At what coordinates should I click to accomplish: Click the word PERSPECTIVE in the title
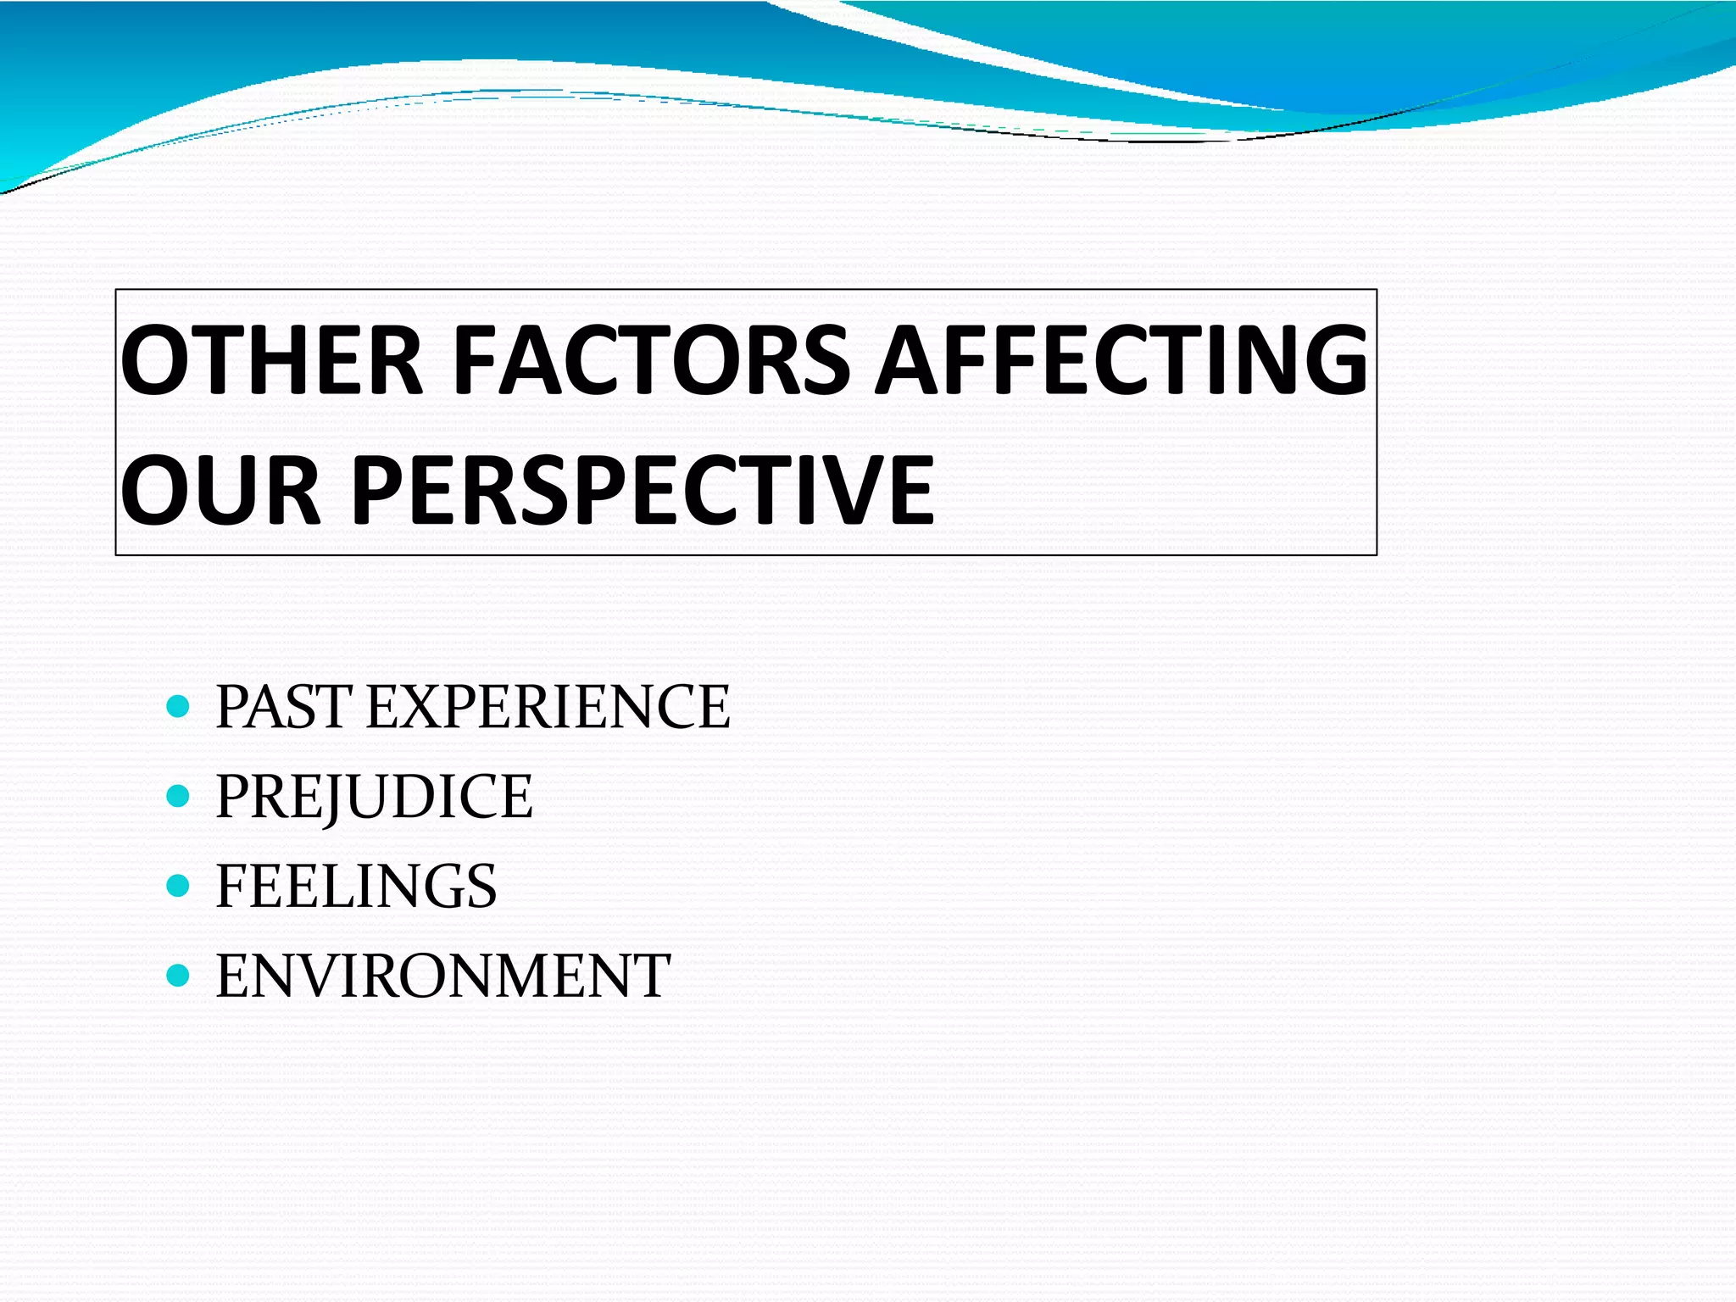click(642, 490)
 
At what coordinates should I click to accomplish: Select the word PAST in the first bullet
click(283, 707)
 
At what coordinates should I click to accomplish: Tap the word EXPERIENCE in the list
click(548, 707)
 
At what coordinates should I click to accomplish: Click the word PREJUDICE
click(374, 797)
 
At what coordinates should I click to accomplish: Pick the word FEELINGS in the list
click(356, 886)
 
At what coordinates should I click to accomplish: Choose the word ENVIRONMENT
click(442, 976)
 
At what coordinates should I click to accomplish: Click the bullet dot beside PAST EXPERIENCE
click(178, 707)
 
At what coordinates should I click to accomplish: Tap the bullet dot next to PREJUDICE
click(178, 797)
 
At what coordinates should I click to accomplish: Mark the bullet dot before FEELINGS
click(178, 886)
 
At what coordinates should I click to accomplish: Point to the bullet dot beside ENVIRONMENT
click(178, 976)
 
